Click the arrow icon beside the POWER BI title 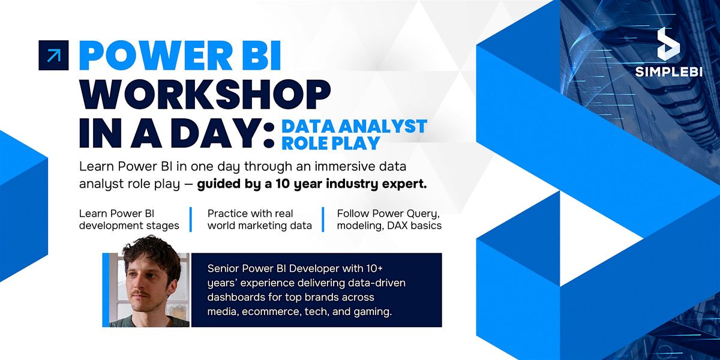tap(53, 55)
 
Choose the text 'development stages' tap(128, 226)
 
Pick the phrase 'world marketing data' tap(260, 226)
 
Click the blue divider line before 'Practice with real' tap(191, 219)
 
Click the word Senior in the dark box tap(223, 268)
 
